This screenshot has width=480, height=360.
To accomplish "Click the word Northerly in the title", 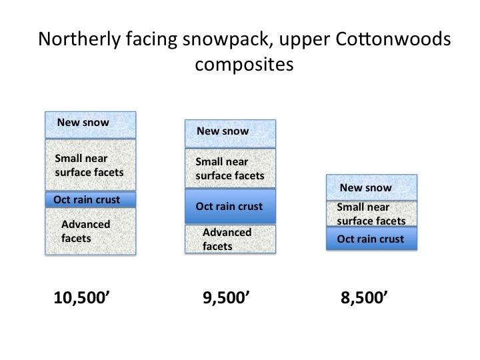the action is (x=79, y=40).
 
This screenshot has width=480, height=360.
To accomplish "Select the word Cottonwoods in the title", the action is (x=393, y=39).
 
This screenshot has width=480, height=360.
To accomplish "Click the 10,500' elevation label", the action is (x=81, y=297).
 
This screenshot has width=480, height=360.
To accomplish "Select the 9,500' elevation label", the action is (x=226, y=297).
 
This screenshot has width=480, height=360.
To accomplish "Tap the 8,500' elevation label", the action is (x=364, y=297).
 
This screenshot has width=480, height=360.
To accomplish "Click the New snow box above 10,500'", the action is (x=91, y=125).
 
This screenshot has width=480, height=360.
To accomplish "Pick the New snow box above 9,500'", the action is (x=230, y=134).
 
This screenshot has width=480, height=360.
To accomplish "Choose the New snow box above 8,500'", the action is (x=371, y=187).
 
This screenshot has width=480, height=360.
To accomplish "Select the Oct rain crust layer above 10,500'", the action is (x=91, y=199).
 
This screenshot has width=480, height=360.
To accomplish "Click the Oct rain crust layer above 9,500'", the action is (x=230, y=206).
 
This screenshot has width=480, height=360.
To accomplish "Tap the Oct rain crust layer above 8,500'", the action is (x=371, y=239).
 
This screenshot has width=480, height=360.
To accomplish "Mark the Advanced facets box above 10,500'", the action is (x=91, y=231).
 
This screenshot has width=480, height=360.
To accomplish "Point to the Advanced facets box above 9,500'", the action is (x=230, y=239).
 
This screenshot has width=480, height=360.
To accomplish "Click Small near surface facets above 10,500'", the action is (x=91, y=165).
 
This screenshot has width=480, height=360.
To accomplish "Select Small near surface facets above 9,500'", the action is (x=230, y=168).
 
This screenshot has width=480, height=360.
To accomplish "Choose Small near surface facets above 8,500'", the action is (x=371, y=214).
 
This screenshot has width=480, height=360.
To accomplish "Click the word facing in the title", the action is (x=151, y=40).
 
